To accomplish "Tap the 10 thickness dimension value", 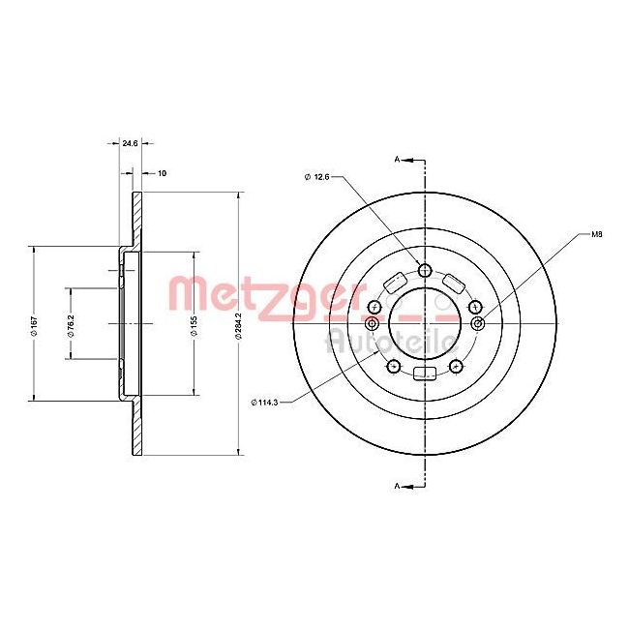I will [162, 173].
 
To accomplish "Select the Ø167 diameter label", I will [33, 324].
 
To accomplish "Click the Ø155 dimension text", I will [194, 324].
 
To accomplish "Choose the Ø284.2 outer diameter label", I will [239, 324].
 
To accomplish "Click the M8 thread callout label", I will [597, 234].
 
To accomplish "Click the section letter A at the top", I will [397, 158].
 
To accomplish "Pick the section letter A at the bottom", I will [397, 484].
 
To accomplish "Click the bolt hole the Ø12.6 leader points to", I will [425, 269].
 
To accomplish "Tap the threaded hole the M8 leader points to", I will [475, 322].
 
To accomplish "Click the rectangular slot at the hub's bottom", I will [425, 374].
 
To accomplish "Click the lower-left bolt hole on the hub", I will [393, 366].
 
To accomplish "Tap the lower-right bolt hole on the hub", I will [457, 366].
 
